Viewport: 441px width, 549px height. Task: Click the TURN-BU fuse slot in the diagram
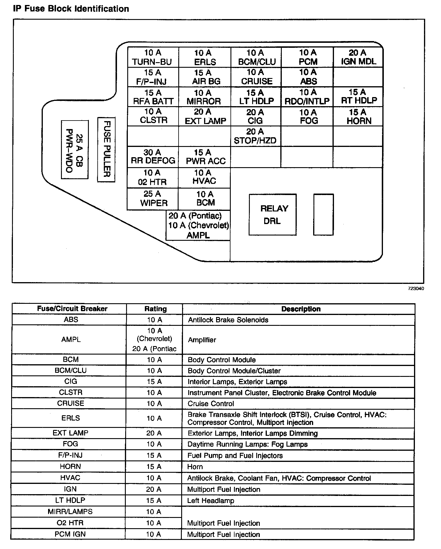[x=153, y=57]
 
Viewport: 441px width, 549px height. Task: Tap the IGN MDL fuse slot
[x=358, y=57]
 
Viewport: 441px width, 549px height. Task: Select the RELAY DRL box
[x=272, y=214]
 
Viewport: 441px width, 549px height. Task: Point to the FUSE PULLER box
[x=106, y=149]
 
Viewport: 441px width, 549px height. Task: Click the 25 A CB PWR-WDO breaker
[x=74, y=149]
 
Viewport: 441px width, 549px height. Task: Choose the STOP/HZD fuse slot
[x=255, y=136]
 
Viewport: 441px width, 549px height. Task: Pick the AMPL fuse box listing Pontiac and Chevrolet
[x=198, y=225]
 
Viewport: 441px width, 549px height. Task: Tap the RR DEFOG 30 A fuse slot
[x=153, y=157]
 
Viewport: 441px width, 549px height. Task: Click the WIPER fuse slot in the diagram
[x=153, y=199]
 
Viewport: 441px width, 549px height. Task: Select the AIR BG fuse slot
[x=205, y=77]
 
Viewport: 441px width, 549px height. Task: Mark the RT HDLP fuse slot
[x=358, y=96]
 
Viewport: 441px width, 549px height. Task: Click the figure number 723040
[x=416, y=288]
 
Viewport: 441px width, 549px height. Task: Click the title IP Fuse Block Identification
[x=71, y=9]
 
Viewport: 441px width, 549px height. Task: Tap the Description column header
[x=301, y=309]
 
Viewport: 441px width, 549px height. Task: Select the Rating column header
[x=155, y=309]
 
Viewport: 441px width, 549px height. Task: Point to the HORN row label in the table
[x=70, y=466]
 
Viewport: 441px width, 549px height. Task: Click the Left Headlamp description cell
[x=211, y=501]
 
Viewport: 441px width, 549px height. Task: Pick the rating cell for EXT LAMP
[x=154, y=433]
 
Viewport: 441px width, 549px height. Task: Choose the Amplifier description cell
[x=202, y=340]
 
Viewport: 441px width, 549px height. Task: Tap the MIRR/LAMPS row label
[x=70, y=512]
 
